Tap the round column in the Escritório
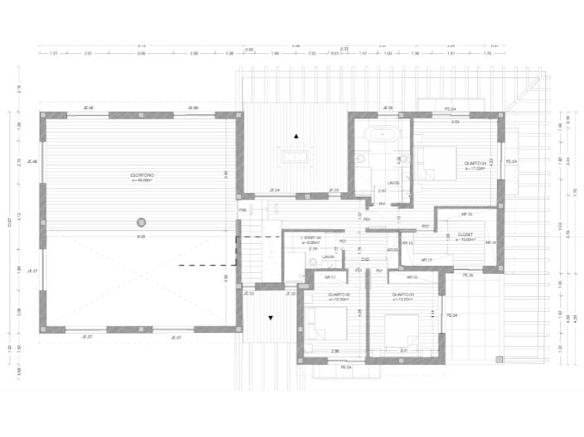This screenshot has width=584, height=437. pyautogui.click(x=142, y=222)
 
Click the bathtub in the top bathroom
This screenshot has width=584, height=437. pyautogui.click(x=382, y=135)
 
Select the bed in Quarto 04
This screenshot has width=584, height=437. pyautogui.click(x=436, y=161)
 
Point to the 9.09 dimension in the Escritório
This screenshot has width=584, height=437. pyautogui.click(x=142, y=238)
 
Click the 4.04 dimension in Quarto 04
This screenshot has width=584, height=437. pyautogui.click(x=455, y=122)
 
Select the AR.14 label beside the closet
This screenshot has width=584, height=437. pyautogui.click(x=490, y=243)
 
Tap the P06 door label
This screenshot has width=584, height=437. pyautogui.click(x=243, y=210)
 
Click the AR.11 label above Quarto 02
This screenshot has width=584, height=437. pyautogui.click(x=330, y=277)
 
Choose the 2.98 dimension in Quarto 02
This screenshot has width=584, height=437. pyautogui.click(x=335, y=352)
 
